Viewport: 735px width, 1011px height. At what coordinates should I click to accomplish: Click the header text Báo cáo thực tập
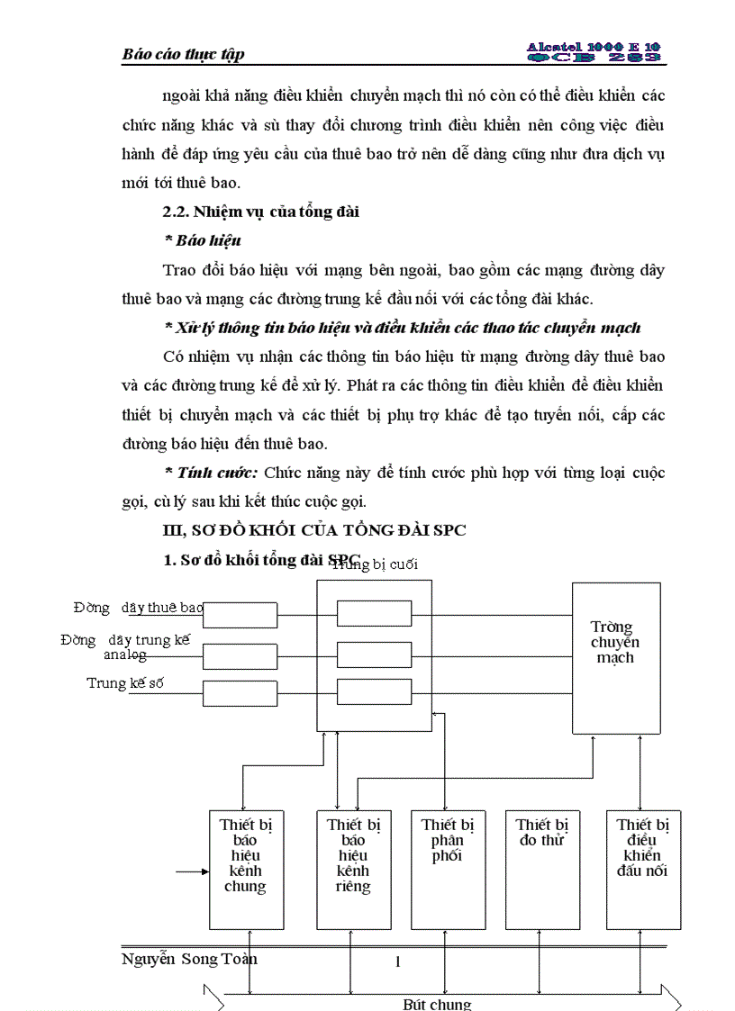[x=183, y=54]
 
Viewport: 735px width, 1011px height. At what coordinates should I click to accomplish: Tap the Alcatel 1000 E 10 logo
[x=594, y=51]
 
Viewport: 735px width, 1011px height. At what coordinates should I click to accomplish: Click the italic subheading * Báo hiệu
[x=202, y=240]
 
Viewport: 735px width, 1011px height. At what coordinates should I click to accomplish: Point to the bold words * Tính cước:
[x=211, y=473]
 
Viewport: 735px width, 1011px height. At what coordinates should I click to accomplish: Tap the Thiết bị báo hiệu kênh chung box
[x=244, y=869]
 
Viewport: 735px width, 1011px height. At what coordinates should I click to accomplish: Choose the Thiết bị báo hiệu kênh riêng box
[x=354, y=869]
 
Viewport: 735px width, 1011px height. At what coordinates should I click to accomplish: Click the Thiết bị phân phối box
[x=448, y=869]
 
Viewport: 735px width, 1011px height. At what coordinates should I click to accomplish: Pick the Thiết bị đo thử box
[x=541, y=869]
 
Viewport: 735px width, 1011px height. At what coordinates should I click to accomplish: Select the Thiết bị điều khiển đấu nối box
[x=642, y=869]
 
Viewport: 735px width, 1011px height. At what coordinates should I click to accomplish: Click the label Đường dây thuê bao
[x=139, y=608]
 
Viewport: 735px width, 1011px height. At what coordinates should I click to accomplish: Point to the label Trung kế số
[x=125, y=683]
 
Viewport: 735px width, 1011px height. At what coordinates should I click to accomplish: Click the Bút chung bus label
[x=436, y=1004]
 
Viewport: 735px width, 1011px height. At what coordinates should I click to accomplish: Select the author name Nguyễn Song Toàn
[x=189, y=959]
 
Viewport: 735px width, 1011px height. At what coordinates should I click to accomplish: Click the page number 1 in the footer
[x=397, y=962]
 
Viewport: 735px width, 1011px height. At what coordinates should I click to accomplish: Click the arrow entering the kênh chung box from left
[x=191, y=871]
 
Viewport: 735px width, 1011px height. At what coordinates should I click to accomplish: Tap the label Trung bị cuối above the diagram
[x=375, y=564]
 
